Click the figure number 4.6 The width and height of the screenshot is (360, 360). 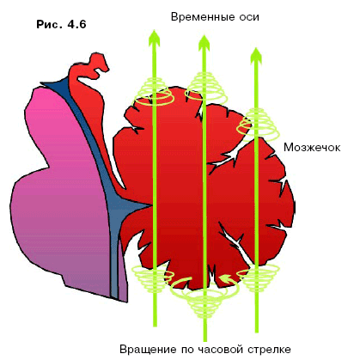tap(76, 24)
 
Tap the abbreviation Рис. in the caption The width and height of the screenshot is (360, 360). tap(49, 24)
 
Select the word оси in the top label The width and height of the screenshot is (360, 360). tap(249, 17)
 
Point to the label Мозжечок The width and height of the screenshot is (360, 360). tap(312, 148)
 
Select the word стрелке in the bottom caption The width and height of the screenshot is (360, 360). tap(269, 350)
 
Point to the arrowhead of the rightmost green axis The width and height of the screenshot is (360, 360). tap(256, 56)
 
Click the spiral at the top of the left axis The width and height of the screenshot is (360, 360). tap(155, 91)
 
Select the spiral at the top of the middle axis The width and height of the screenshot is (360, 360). tap(205, 88)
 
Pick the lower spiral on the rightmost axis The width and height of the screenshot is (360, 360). tap(258, 278)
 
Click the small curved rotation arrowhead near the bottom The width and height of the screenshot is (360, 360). tap(225, 278)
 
